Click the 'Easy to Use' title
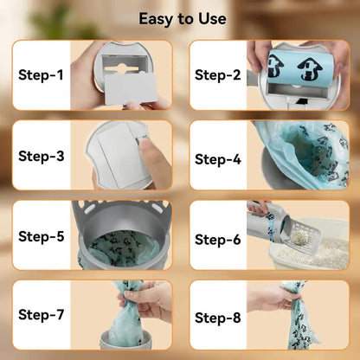[x=183, y=19]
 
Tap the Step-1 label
[x=41, y=75]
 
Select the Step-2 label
[x=218, y=75]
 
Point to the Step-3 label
[x=42, y=157]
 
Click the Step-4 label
[x=218, y=159]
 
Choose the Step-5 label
[x=42, y=236]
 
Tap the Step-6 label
[x=218, y=240]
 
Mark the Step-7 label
[x=41, y=315]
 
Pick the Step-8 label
[x=218, y=318]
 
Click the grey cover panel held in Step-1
[x=130, y=88]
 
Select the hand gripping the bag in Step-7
[x=147, y=300]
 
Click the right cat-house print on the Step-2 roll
[x=310, y=69]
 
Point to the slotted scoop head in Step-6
[x=303, y=235]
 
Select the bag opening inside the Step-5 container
[x=124, y=248]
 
